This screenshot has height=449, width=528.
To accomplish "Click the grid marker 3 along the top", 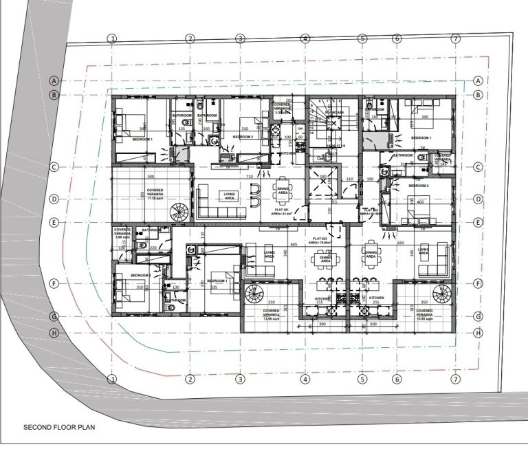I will click(x=241, y=39).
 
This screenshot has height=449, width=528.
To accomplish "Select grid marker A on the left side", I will click(x=53, y=80).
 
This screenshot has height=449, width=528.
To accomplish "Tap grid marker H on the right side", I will click(x=478, y=333).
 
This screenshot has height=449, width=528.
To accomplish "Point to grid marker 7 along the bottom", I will click(x=454, y=379).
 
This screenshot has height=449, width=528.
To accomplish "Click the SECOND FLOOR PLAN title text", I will click(x=59, y=426).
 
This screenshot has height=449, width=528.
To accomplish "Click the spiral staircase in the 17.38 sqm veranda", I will click(x=178, y=211).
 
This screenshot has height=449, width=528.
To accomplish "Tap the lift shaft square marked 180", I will click(x=322, y=185).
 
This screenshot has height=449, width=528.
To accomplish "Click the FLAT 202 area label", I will click(x=320, y=241).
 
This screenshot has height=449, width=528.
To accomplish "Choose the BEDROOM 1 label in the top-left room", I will click(x=142, y=140).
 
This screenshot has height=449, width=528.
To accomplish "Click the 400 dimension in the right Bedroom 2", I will click(x=419, y=202).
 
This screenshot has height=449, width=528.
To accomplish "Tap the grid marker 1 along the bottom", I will click(x=113, y=379).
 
